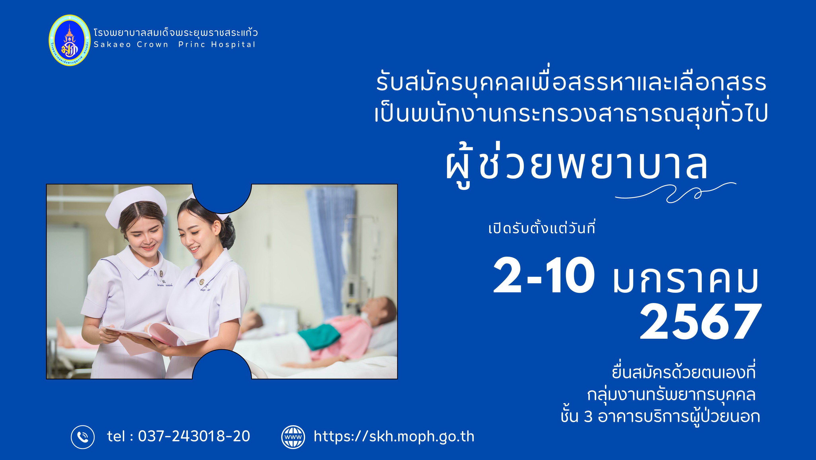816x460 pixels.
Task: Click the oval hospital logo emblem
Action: pos(70,40)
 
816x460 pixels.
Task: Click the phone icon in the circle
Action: pos(83,437)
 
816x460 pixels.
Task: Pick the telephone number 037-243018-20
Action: pos(194,436)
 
